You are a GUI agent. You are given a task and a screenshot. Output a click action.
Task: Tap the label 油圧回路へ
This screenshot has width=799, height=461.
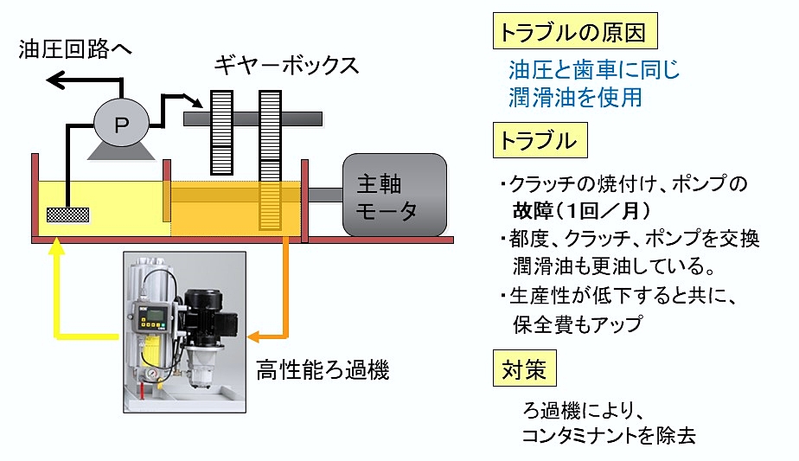tap(76, 50)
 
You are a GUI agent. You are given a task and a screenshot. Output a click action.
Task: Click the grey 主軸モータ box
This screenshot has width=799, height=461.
tap(394, 195)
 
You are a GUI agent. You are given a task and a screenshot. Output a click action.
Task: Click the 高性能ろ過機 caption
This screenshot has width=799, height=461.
tap(323, 371)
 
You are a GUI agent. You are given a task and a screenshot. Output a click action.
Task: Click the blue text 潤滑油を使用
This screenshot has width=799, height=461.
tap(575, 97)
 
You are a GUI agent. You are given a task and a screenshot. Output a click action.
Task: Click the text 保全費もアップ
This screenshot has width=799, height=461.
tap(579, 324)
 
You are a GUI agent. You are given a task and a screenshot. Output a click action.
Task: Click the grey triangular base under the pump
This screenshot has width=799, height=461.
tap(121, 152)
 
